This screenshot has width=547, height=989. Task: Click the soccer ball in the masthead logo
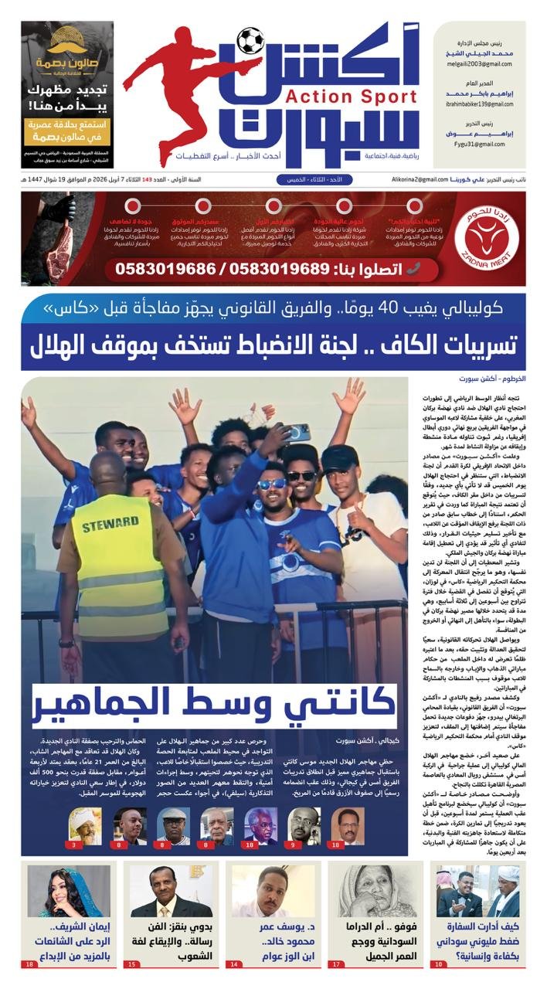[250, 40]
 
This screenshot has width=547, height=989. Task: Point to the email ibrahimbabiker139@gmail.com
[477, 104]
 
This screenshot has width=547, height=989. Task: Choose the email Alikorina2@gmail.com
[419, 179]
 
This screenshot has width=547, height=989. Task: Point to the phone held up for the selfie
[297, 432]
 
